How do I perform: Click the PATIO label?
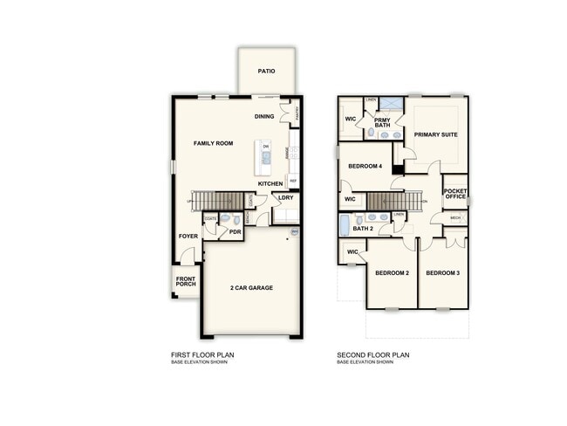point(267,72)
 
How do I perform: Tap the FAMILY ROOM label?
point(213,142)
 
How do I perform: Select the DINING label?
point(264,116)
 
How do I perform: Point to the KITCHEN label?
point(270,183)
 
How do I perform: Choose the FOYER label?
point(188,236)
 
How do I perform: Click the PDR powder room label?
point(234,232)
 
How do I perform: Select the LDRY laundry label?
point(285,198)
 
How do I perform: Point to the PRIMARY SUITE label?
point(435,134)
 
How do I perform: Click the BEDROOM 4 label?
point(365,166)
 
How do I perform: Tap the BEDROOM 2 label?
point(392,273)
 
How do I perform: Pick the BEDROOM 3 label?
point(442,273)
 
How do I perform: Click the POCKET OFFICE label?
point(454,194)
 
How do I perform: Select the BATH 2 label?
point(363,229)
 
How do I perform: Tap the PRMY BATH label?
point(382,122)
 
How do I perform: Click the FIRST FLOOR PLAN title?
point(202,354)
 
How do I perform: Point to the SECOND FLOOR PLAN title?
point(373,354)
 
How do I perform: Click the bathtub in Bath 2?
point(345,225)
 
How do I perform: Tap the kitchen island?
point(262,157)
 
